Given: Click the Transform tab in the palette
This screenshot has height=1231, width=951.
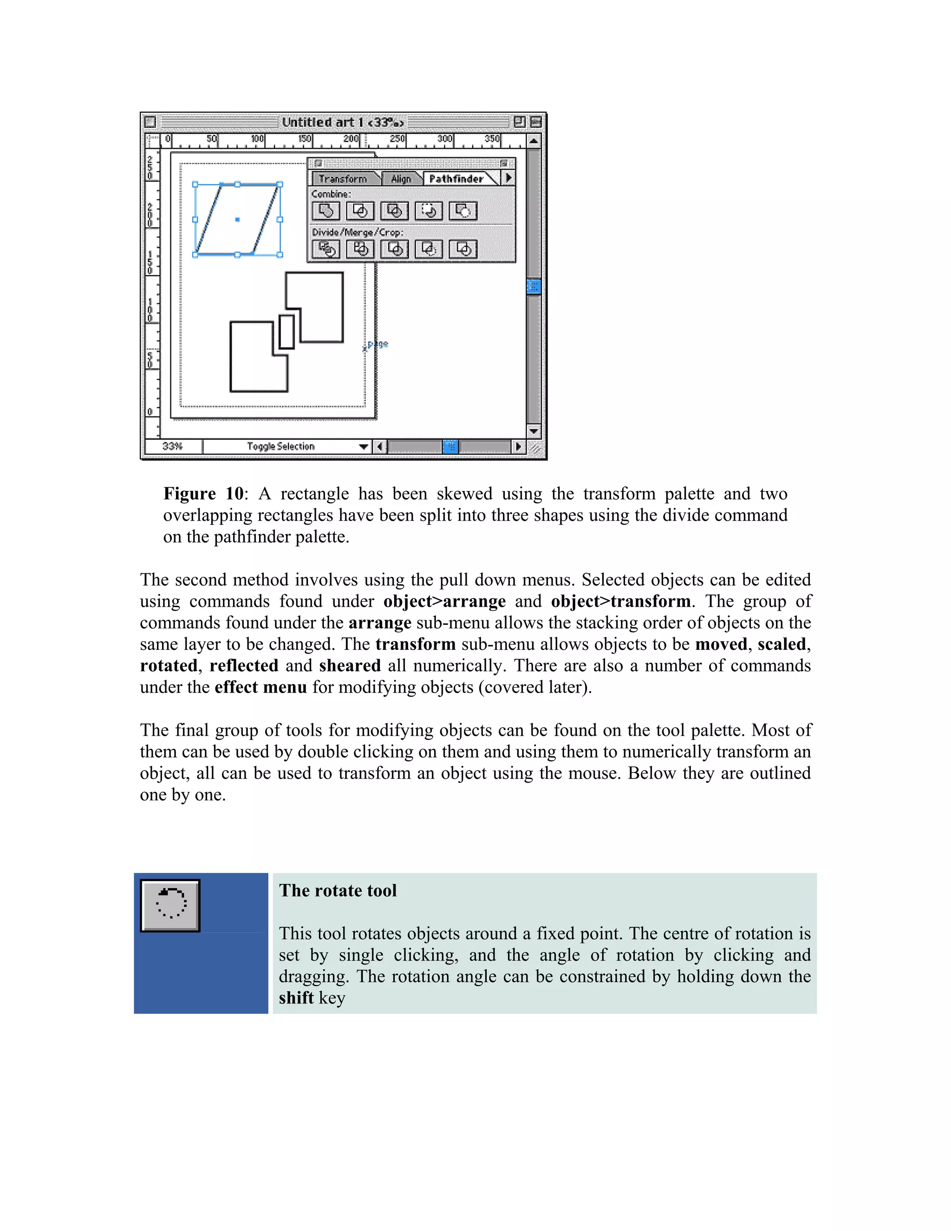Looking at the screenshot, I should tap(343, 179).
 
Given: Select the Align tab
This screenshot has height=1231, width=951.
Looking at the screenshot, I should tap(401, 179).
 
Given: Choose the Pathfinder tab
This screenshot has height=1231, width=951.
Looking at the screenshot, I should tap(456, 179).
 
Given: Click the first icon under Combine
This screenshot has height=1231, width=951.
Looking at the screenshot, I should tap(326, 211).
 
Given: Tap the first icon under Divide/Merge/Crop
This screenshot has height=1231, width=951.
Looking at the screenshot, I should tap(326, 249).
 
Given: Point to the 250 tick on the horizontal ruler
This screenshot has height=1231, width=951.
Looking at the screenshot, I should tap(397, 138).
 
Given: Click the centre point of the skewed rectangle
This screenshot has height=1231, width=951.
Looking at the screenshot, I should tap(237, 219).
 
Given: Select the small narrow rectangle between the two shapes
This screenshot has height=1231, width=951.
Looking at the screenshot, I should tap(286, 331).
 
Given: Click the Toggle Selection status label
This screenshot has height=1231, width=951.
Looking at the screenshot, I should tap(280, 446).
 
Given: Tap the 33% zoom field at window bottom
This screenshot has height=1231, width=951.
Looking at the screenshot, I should tap(172, 446).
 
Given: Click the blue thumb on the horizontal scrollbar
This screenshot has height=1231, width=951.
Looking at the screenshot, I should tap(450, 446).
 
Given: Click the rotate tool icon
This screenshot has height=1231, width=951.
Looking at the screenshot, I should tap(170, 905).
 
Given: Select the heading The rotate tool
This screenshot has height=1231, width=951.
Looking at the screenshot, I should tap(338, 890).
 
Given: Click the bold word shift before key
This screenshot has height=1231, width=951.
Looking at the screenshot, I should tap(296, 998).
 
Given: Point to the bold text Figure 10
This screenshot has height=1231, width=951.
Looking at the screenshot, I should tap(203, 494).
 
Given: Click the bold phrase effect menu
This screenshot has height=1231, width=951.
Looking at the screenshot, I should tap(261, 687).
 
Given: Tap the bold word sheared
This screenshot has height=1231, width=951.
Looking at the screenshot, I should tap(349, 666).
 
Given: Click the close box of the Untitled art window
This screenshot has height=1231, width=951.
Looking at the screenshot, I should tap(150, 122).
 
